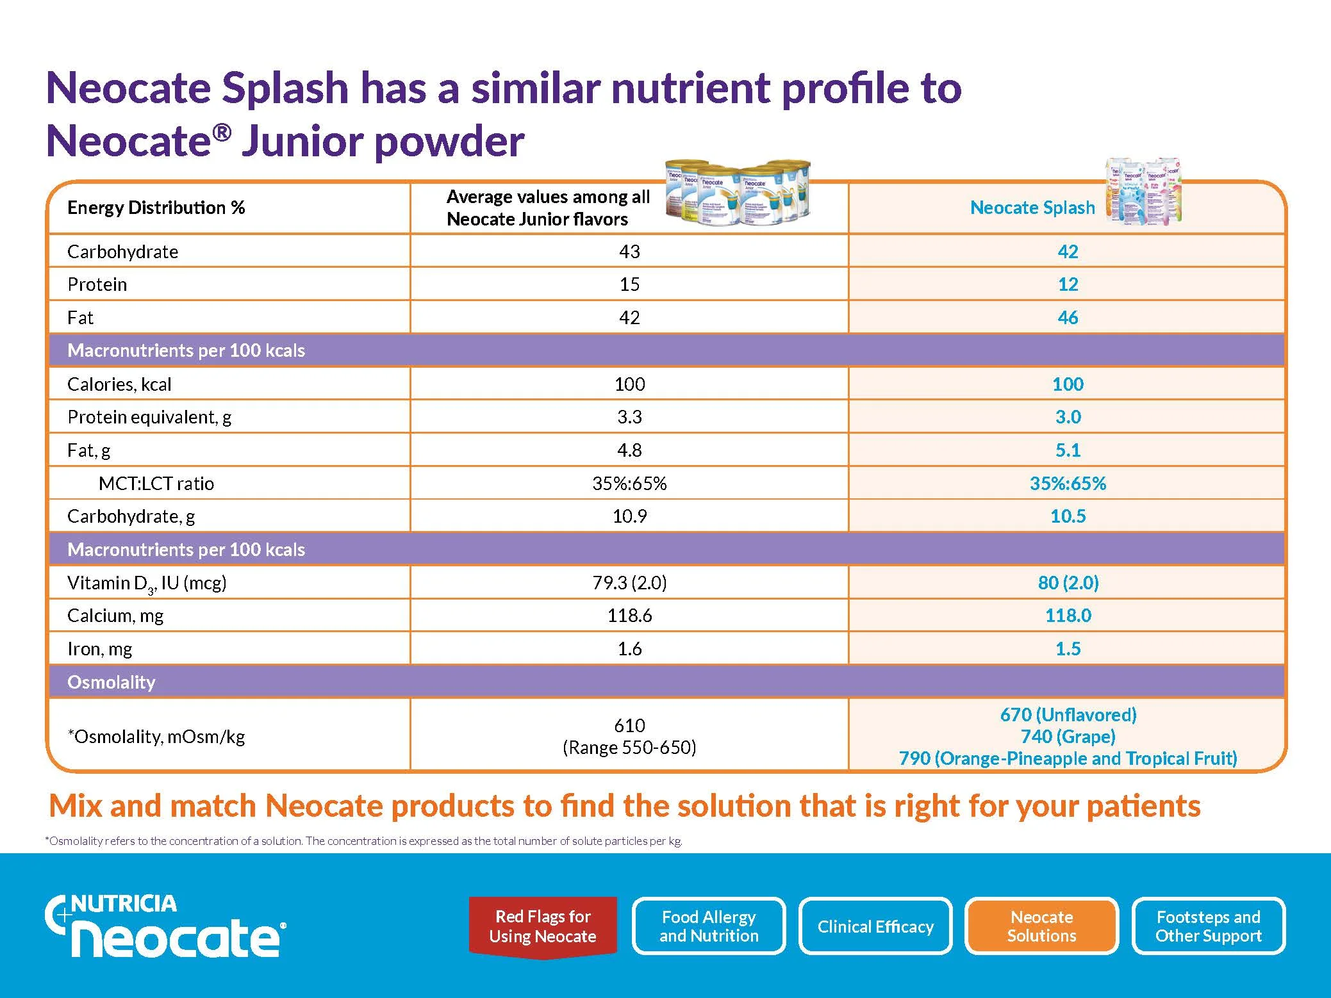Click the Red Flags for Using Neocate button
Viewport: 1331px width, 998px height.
pos(542,926)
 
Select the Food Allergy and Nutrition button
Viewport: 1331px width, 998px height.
pos(709,926)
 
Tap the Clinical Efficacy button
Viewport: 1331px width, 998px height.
pos(875,926)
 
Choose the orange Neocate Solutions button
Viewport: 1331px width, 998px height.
pos(1041,926)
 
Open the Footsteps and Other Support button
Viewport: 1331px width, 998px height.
pos(1208,926)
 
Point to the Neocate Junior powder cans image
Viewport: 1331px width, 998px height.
pos(738,192)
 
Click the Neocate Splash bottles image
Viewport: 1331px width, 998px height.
pos(1145,191)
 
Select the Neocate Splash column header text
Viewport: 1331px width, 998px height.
pos(1032,208)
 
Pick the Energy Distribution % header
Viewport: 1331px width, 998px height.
pos(156,208)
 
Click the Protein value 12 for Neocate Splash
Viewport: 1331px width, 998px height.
pos(1068,284)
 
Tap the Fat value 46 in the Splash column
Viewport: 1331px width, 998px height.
pos(1068,318)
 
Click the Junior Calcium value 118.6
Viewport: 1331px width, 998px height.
pos(629,616)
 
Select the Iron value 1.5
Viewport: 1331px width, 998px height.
pos(1068,649)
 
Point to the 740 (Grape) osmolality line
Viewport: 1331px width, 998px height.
pos(1068,737)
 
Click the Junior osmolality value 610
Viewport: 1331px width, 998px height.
pos(629,726)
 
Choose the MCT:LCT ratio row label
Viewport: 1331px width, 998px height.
pos(156,484)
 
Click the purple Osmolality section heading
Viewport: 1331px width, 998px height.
pos(112,682)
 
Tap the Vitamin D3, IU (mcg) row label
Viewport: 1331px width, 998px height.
pos(147,583)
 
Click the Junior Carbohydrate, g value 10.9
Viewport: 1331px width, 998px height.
pos(629,516)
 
